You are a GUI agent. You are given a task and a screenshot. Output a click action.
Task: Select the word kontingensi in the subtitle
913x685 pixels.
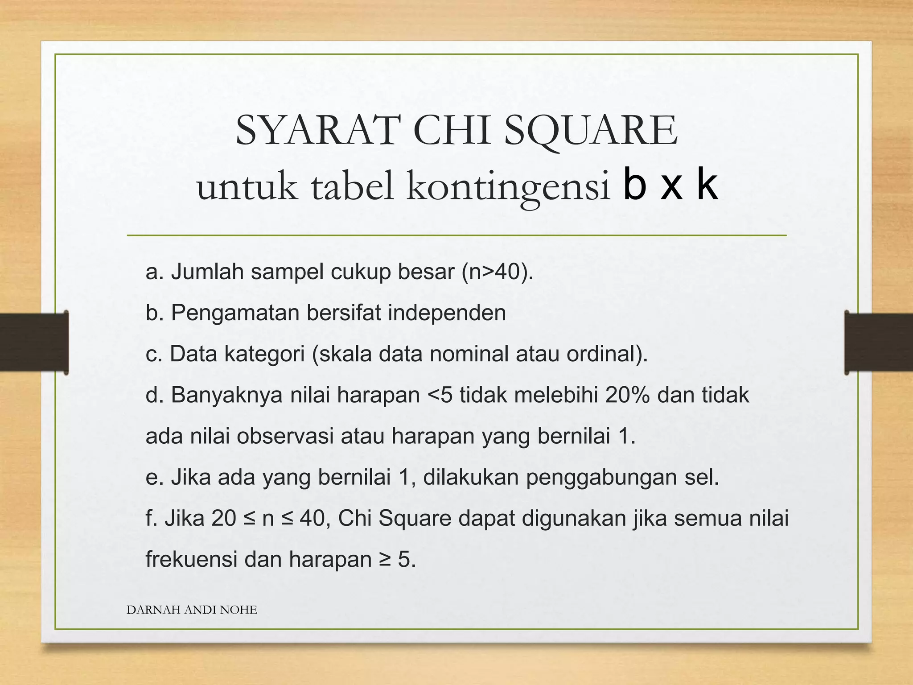[508, 187]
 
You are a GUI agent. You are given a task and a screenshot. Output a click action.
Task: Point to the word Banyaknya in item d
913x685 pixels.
[227, 395]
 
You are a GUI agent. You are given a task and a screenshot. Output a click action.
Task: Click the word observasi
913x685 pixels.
[285, 436]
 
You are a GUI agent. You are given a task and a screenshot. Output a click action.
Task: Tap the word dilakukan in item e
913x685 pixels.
[471, 477]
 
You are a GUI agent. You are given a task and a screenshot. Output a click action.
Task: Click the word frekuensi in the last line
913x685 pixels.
[191, 560]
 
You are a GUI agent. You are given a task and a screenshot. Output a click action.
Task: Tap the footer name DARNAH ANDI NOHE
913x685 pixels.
[192, 610]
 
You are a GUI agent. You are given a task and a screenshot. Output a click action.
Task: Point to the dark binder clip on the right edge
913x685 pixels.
[878, 342]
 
